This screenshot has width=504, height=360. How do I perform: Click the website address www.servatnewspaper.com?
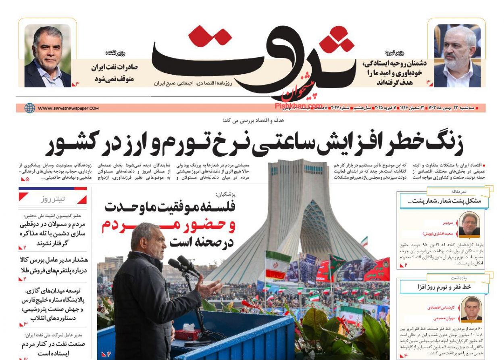[68, 108]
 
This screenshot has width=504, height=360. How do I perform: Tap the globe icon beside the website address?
[29, 108]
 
